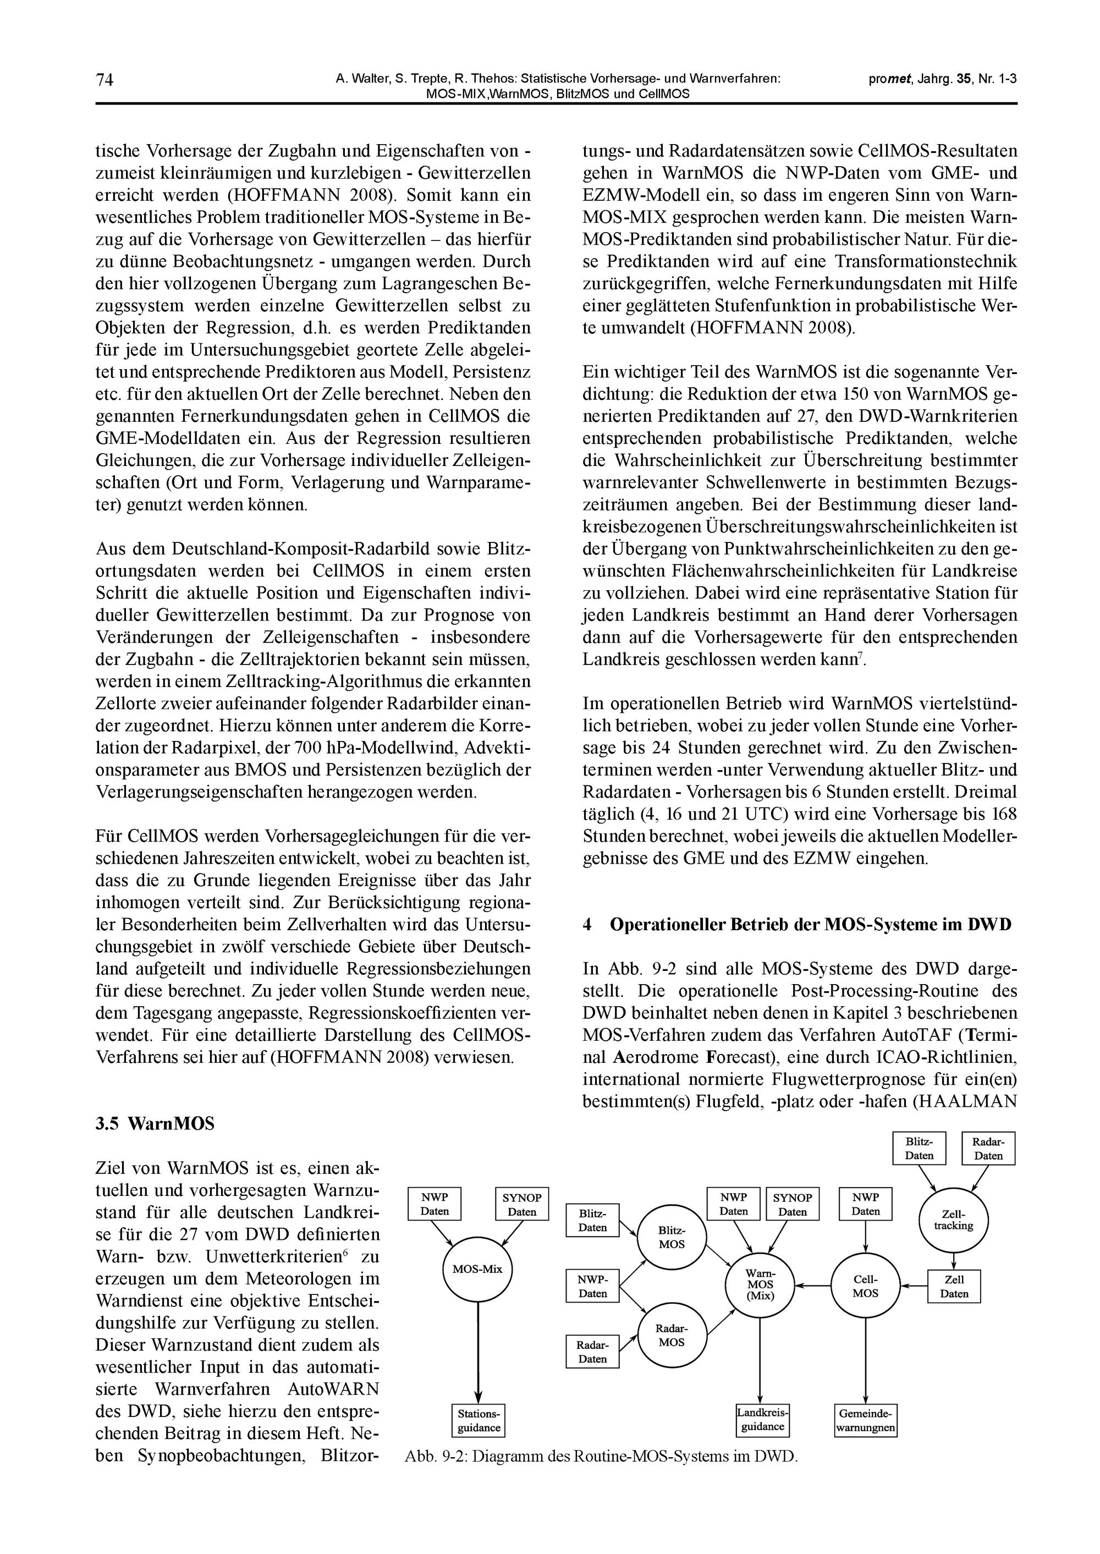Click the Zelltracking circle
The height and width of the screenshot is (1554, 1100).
[953, 1221]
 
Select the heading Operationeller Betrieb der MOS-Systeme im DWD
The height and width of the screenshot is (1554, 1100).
[810, 925]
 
